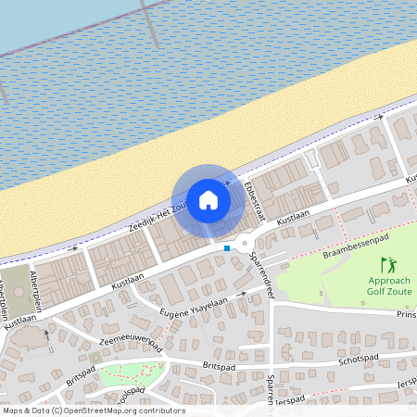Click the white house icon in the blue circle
pyautogui.click(x=208, y=199)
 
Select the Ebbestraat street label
pyautogui.click(x=255, y=197)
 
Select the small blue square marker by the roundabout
pyautogui.click(x=227, y=247)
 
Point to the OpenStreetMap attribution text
pyautogui.click(x=93, y=411)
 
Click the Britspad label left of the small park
pyautogui.click(x=82, y=380)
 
